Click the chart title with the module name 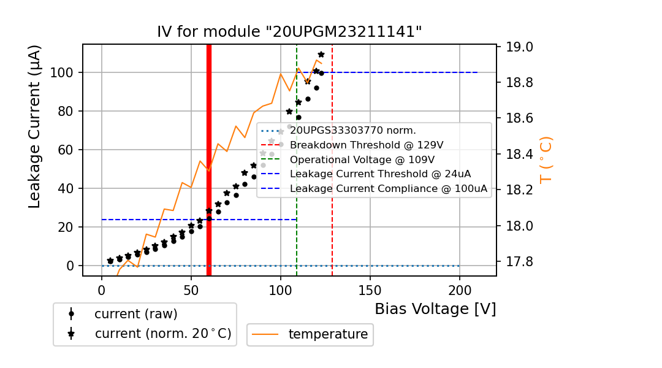coord(289,32)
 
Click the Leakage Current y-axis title coord(35,126)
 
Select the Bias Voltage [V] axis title coord(435,309)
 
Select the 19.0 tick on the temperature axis coord(518,47)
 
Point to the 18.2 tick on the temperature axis coord(518,190)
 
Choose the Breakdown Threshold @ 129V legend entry coord(367,145)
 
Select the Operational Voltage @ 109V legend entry coord(365,159)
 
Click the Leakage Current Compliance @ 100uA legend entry coord(389,189)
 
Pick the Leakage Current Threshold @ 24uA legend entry coord(380,174)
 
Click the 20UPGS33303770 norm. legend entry coord(353,131)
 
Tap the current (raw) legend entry coord(135,314)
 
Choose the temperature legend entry coord(328,335)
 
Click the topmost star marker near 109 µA coord(321,55)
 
